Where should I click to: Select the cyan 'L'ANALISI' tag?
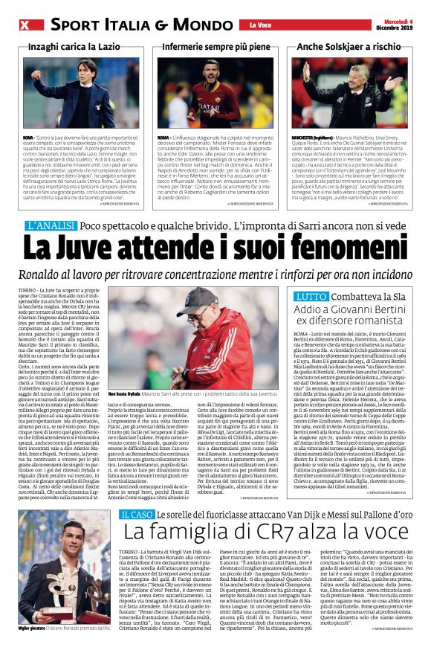pos(51,225)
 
